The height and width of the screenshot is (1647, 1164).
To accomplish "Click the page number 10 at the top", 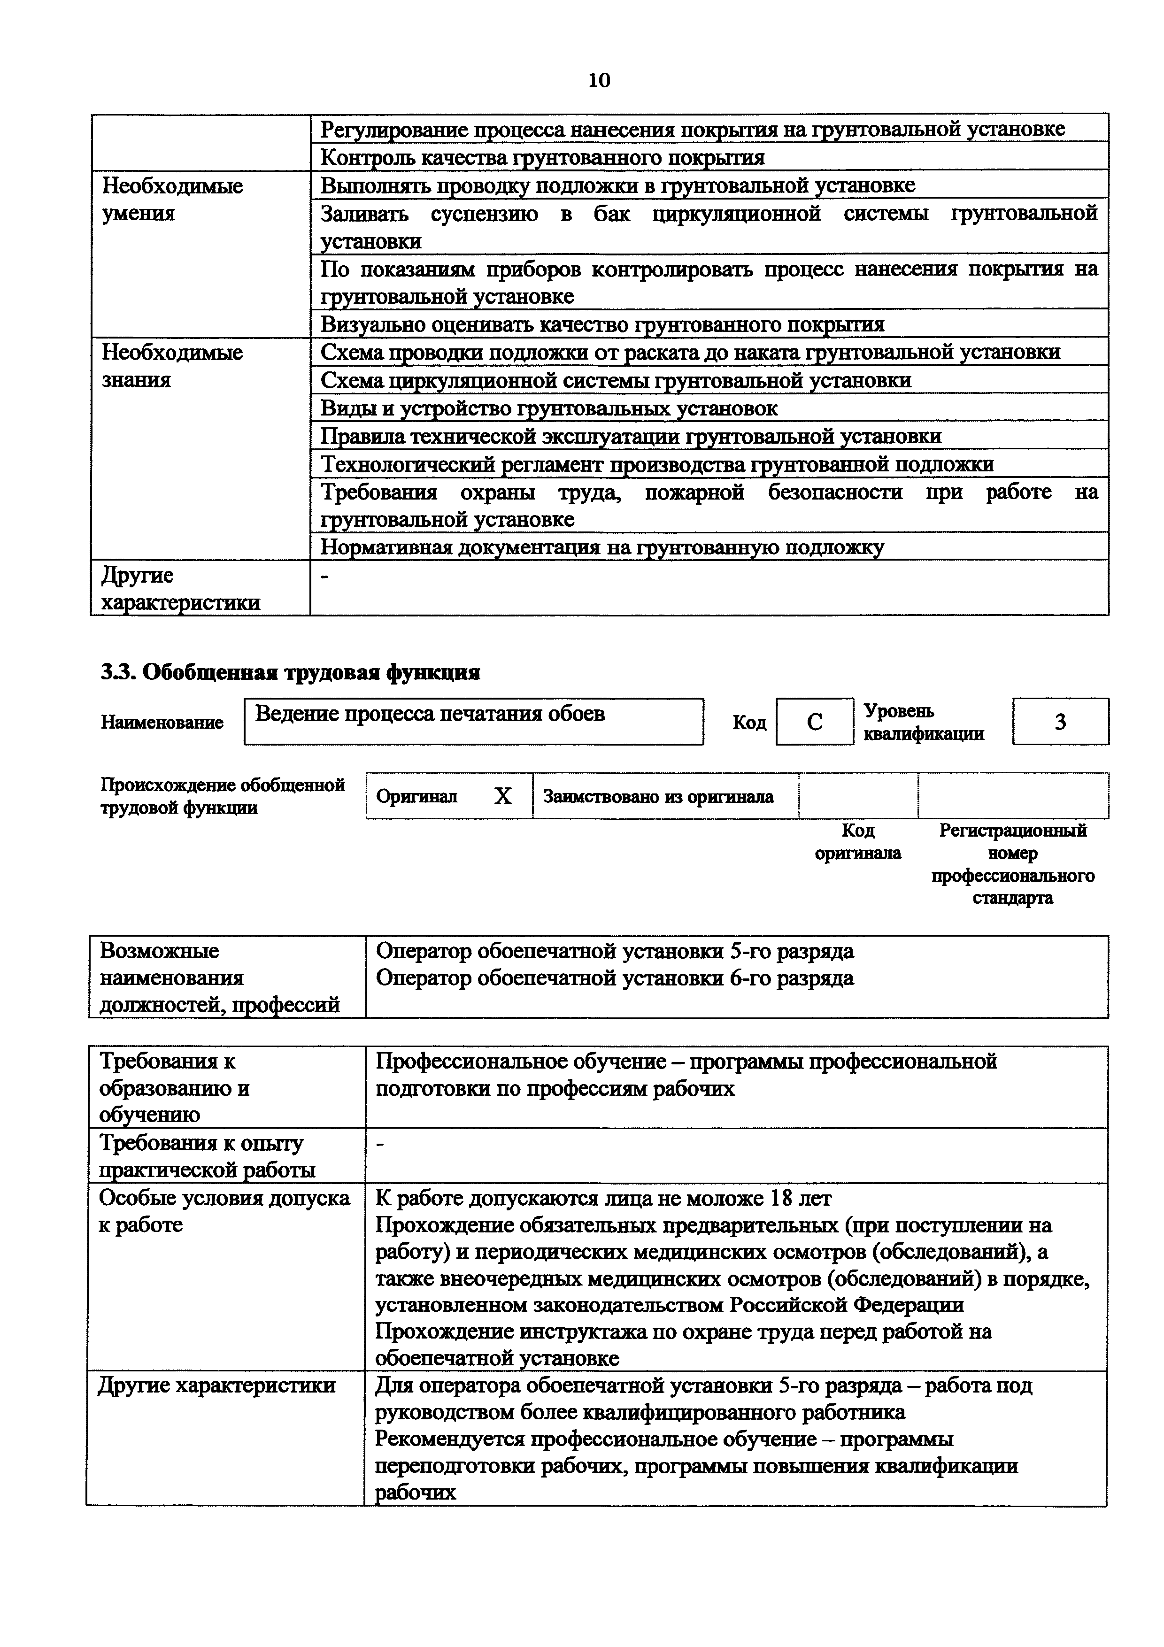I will click(599, 80).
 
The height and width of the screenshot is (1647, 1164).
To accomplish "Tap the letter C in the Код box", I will click(814, 722).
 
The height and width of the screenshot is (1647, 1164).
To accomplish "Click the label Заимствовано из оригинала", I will click(658, 796).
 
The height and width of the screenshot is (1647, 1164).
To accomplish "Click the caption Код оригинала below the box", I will click(858, 841).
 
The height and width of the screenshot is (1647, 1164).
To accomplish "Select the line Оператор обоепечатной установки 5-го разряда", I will click(615, 951).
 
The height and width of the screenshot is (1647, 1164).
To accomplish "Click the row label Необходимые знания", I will click(172, 366).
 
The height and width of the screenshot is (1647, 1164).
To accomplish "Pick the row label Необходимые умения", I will click(172, 200).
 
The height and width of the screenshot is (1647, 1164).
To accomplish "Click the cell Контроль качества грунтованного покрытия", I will click(542, 157).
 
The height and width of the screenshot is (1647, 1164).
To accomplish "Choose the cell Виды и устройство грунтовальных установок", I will click(548, 408).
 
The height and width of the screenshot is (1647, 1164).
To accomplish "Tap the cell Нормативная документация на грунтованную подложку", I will click(602, 547).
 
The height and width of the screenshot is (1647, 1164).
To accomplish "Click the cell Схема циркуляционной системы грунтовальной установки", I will click(616, 380).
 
